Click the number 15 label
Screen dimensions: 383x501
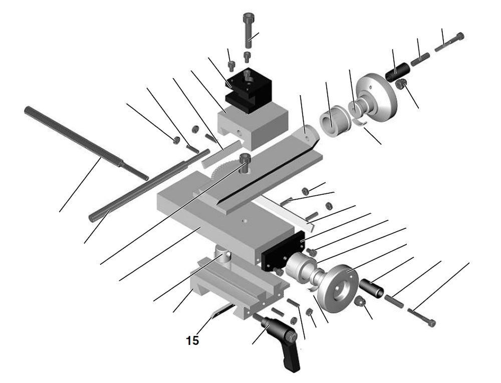192,340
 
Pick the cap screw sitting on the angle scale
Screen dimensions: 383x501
244,163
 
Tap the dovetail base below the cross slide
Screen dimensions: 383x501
240,290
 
